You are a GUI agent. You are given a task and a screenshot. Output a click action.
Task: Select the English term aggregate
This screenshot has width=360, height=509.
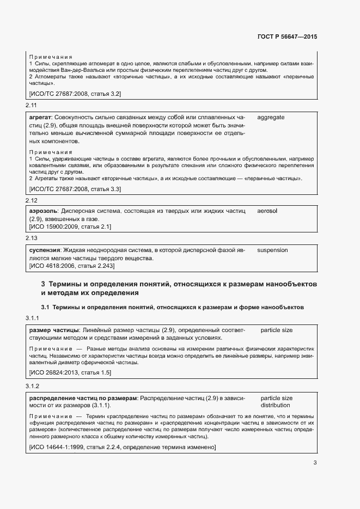coord(271,117)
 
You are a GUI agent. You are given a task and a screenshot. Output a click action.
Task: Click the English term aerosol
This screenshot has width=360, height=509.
coord(267,210)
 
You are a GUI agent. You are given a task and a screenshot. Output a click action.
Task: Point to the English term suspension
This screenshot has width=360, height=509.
coord(272,250)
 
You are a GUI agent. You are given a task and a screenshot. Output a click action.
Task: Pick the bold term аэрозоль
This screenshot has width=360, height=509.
coord(42,210)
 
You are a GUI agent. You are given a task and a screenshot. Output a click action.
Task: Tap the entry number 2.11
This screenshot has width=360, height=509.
coord(31,105)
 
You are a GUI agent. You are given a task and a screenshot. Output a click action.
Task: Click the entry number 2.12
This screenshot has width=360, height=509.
coord(31,199)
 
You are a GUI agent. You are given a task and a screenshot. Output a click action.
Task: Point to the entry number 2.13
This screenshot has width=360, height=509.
coord(31,238)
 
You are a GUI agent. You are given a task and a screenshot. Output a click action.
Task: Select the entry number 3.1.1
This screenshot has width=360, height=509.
coord(33,318)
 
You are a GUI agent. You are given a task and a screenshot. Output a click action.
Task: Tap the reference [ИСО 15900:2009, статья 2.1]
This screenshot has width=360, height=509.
coord(70,226)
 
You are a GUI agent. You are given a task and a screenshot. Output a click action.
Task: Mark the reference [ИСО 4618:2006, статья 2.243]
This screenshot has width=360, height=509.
coord(71,266)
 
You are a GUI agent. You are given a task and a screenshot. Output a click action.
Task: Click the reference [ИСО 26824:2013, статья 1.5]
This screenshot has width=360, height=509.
coord(70,372)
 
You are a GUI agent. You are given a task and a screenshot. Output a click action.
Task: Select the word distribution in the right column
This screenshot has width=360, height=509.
coord(276,406)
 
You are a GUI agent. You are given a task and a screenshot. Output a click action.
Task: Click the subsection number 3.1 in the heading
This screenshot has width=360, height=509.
coord(45,308)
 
